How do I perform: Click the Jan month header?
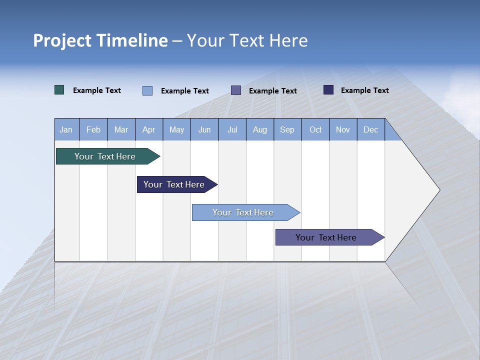tap(66, 129)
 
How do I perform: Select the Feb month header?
tap(93, 129)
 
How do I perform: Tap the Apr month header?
tap(149, 129)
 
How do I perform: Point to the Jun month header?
tap(204, 129)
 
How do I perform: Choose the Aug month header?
tap(260, 129)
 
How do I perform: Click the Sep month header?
tap(287, 129)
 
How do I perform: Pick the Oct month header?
tap(315, 129)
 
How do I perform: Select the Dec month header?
tap(371, 129)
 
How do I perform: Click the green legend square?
tap(59, 90)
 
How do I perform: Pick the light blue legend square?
tap(147, 90)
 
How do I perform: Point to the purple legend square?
tap(236, 90)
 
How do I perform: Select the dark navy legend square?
tap(328, 90)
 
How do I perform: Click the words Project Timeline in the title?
tap(100, 40)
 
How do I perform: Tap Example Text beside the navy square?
tap(365, 90)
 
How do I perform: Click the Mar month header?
tap(121, 129)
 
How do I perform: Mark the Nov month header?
tap(343, 129)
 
